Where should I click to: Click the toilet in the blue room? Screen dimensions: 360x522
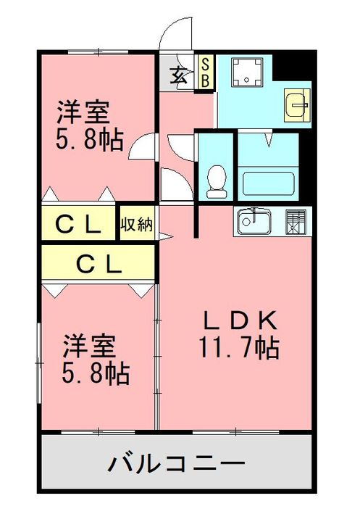(x=217, y=182)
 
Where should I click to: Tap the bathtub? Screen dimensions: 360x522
(x=268, y=183)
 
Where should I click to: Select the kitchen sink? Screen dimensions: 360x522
(x=254, y=221)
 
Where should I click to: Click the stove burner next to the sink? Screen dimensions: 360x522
(x=296, y=221)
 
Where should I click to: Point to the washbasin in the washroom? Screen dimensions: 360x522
(x=297, y=104)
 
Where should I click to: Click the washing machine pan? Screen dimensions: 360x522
(x=246, y=72)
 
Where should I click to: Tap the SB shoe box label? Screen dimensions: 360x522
(x=206, y=72)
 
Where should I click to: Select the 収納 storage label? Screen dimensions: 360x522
(x=136, y=225)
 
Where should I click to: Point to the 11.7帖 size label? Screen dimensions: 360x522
(x=239, y=348)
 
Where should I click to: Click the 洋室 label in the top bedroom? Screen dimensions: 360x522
(x=83, y=112)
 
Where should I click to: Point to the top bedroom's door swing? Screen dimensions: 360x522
(x=141, y=146)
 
